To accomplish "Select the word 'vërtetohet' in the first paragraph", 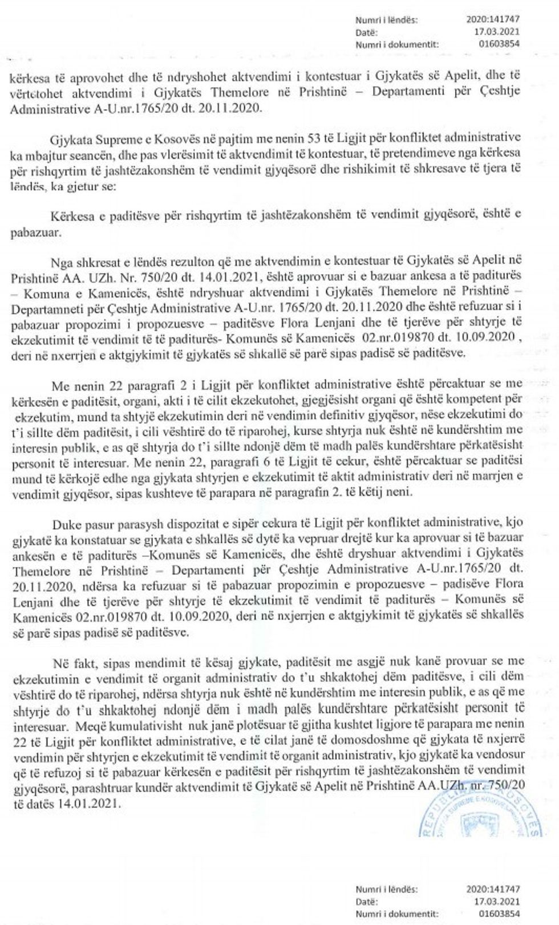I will pyautogui.click(x=32, y=93).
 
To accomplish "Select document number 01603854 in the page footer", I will pyautogui.click(x=501, y=915).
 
